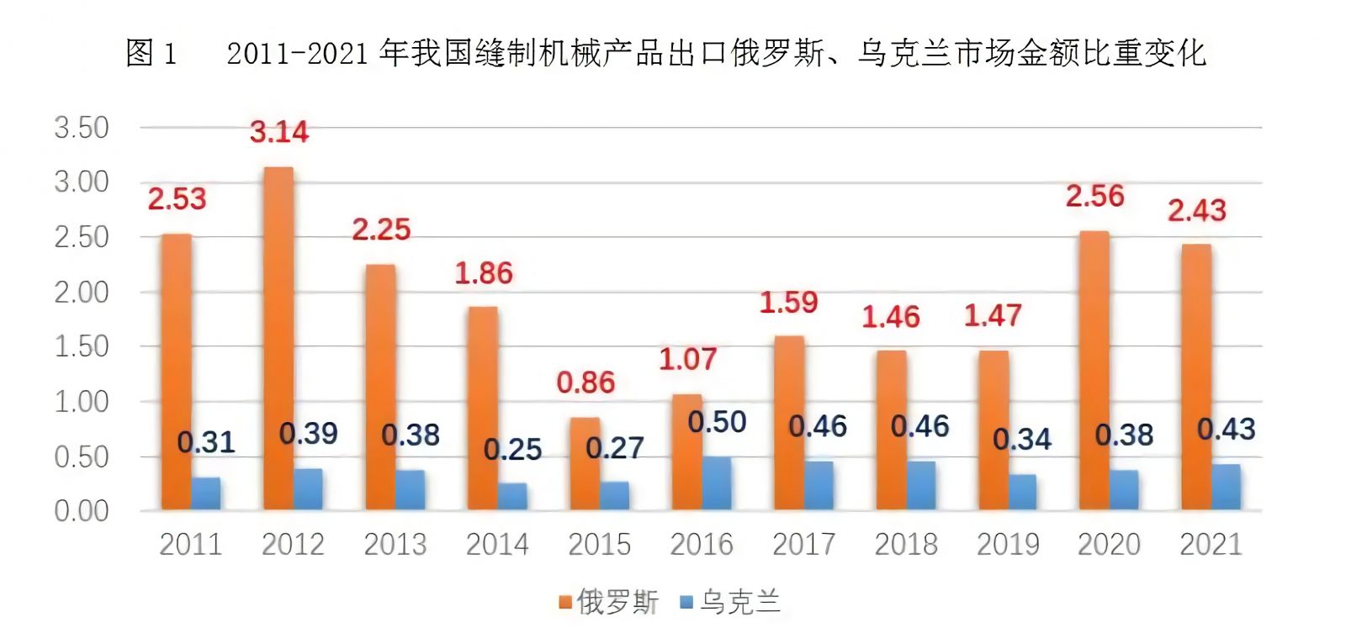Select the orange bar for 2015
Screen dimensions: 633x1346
585,463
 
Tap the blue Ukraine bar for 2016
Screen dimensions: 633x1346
717,483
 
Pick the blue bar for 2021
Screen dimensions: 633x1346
1226,487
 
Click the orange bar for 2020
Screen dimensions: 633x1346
1094,370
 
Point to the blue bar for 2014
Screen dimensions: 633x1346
512,496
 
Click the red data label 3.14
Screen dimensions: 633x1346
279,132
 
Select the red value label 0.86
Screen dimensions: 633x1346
586,382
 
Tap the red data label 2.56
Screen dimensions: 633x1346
1094,196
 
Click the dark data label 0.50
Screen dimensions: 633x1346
717,421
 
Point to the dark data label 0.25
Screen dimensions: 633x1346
512,449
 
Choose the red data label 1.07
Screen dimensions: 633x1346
687,359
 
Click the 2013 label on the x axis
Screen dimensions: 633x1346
395,545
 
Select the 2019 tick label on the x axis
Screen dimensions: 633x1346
1007,545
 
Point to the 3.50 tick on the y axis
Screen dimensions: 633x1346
82,128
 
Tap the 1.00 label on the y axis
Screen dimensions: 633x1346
82,402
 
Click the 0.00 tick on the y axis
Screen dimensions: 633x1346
82,511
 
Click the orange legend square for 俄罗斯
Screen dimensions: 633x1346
565,602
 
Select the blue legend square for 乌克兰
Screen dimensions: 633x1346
686,602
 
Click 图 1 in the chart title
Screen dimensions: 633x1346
151,53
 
